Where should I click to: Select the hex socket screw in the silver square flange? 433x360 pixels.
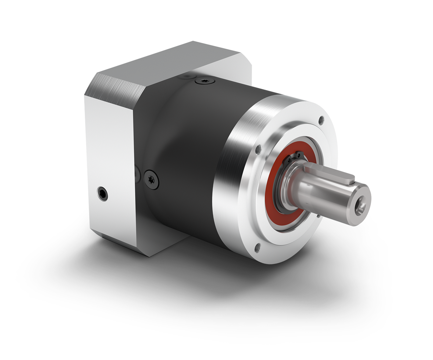(x=102, y=194)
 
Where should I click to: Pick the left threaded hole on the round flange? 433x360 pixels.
(x=259, y=150)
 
